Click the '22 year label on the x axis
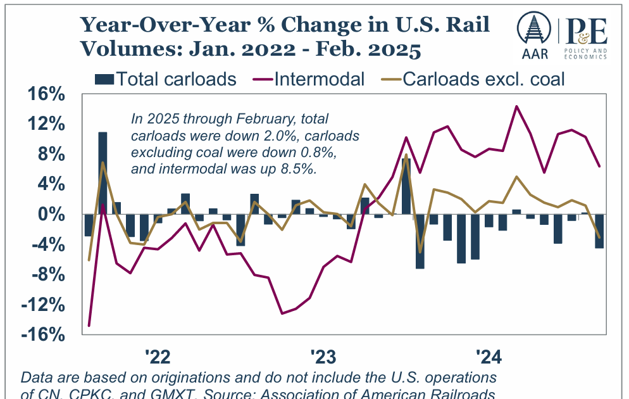[x=158, y=357]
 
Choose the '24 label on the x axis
[x=489, y=357]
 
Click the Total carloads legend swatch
[x=104, y=79]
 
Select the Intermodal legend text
[x=320, y=79]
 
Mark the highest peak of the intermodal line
[x=516, y=106]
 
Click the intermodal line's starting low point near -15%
[x=89, y=326]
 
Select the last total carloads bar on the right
[x=599, y=231]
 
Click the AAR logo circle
[x=533, y=29]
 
